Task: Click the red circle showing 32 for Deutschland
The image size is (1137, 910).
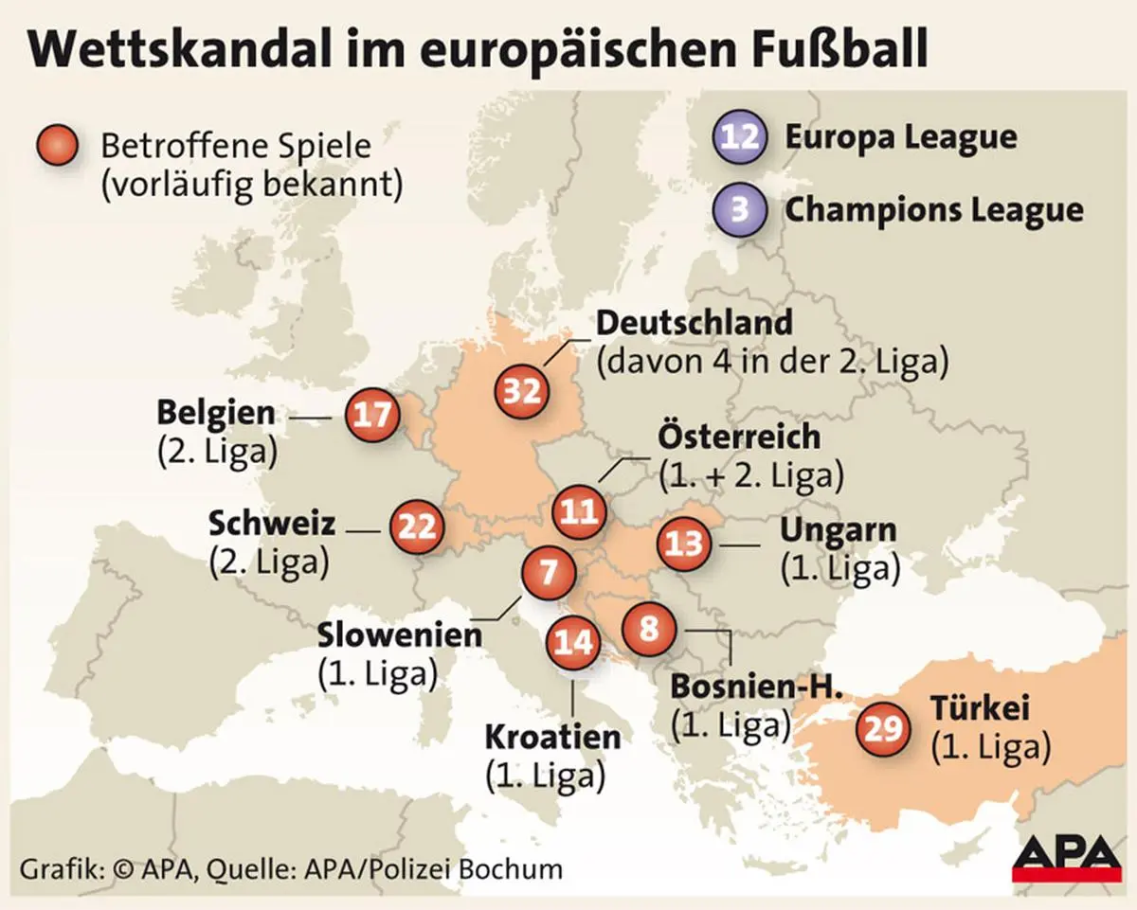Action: [522, 390]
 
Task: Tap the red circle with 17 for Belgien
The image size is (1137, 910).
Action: [370, 415]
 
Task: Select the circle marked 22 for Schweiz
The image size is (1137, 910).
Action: [416, 526]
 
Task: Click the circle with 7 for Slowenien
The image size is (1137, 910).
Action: [549, 574]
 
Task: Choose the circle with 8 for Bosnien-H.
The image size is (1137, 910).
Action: [649, 628]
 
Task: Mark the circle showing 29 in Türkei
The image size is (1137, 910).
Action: [882, 729]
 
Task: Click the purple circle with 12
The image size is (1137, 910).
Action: [740, 137]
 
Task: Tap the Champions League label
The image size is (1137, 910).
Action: [933, 209]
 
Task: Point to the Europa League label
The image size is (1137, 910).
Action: [900, 137]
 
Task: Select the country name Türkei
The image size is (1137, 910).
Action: [979, 708]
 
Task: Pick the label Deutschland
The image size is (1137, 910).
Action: [694, 323]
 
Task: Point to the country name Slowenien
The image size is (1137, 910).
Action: [399, 633]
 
